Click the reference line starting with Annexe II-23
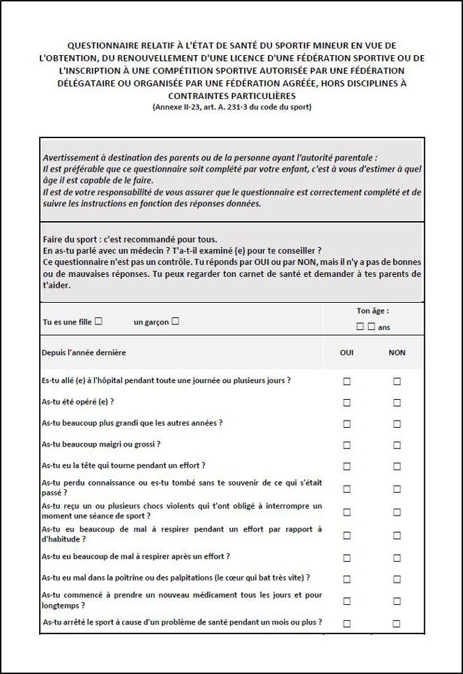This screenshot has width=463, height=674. [x=231, y=107]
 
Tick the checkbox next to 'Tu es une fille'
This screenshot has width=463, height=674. [x=98, y=322]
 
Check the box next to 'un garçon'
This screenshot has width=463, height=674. [x=175, y=322]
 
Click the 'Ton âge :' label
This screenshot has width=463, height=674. [x=372, y=311]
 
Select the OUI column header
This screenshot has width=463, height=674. [x=347, y=352]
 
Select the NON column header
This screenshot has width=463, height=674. [x=397, y=352]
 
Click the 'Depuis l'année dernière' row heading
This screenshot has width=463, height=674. [x=84, y=352]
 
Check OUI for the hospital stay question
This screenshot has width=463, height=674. [x=347, y=381]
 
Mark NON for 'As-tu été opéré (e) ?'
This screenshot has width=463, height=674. [x=397, y=403]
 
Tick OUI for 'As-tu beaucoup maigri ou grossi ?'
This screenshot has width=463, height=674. [x=347, y=444]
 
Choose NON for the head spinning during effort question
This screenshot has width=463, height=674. [x=397, y=466]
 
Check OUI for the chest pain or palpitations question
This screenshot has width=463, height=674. [x=347, y=578]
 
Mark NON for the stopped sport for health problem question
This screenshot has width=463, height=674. [x=397, y=624]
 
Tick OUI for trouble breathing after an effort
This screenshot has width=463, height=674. [x=347, y=557]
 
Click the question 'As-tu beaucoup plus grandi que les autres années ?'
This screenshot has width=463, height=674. [x=132, y=423]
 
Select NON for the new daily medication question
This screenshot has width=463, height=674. [x=397, y=601]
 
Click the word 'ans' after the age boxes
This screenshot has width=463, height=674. [x=384, y=327]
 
